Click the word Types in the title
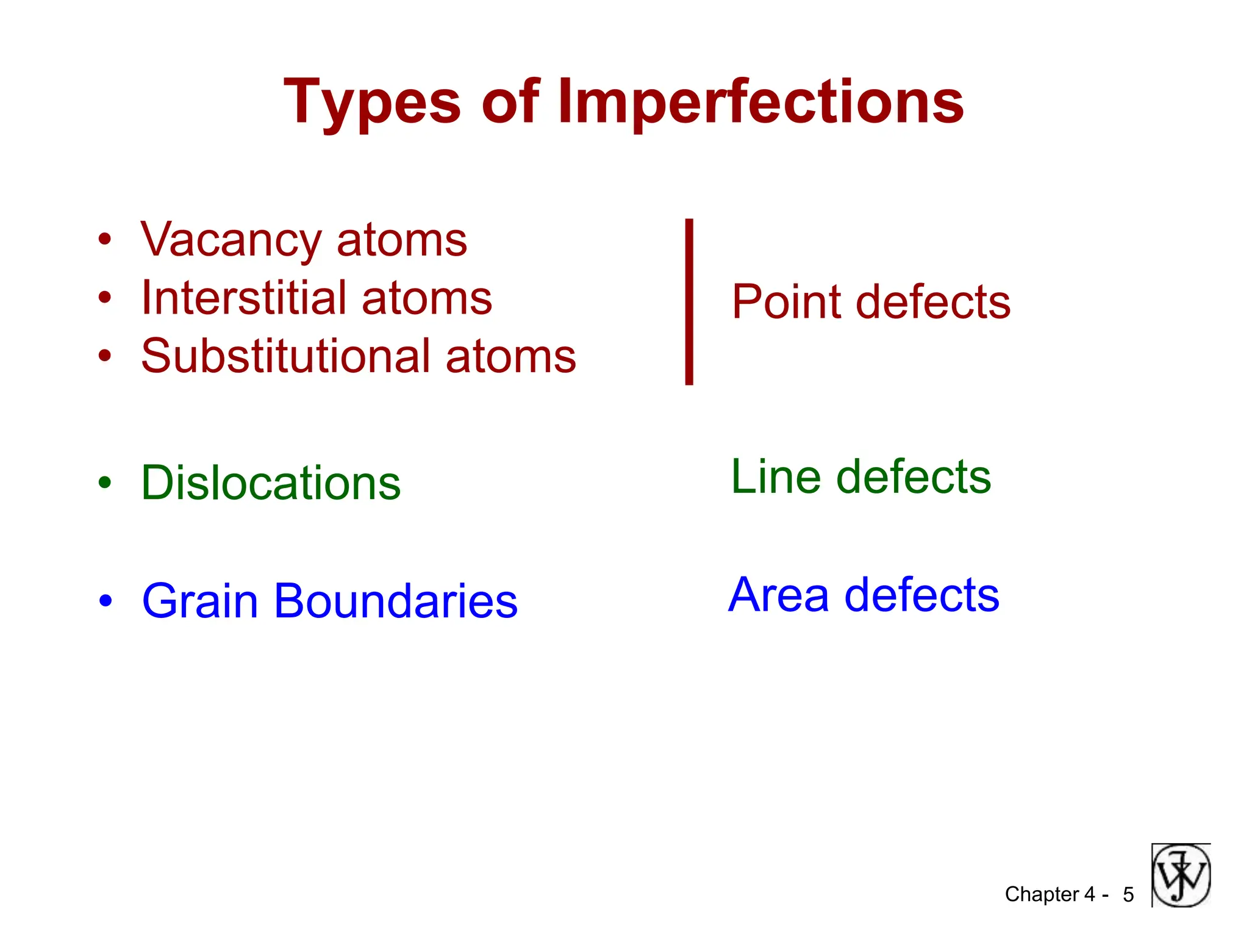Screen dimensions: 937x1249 pos(372,102)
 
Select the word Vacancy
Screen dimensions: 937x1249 pos(231,240)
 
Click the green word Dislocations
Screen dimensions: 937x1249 pos(271,483)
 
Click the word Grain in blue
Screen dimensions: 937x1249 pos(200,601)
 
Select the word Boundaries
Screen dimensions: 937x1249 pos(396,601)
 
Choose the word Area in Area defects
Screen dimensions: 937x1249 pos(778,595)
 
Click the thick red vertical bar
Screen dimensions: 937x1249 pos(689,301)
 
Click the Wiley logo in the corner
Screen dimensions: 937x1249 pos(1181,875)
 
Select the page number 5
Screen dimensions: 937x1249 pos(1128,895)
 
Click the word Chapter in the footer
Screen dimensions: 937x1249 pos(1042,894)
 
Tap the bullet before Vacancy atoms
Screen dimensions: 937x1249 pos(105,240)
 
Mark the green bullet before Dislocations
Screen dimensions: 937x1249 pos(105,483)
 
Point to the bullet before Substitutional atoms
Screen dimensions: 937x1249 pos(105,356)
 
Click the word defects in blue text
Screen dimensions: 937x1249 pos(922,595)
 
